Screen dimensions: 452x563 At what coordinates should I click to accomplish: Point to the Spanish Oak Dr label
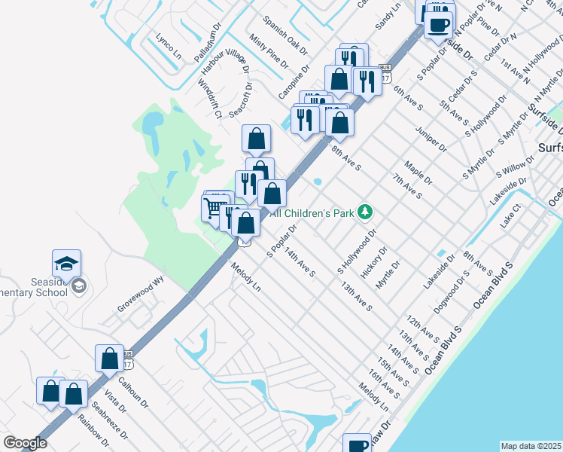[x=285, y=35]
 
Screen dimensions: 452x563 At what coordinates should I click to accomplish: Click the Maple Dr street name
[x=418, y=173]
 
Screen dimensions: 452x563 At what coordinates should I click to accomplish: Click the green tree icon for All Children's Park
[x=365, y=212]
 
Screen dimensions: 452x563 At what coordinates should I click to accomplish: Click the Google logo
[x=25, y=443]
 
